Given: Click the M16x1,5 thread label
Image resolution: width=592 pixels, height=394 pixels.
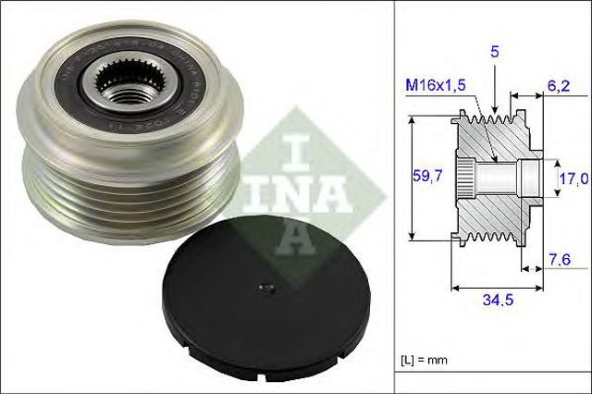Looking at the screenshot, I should pyautogui.click(x=434, y=85).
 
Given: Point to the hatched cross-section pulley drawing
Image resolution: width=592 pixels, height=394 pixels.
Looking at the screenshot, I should pyautogui.click(x=495, y=176).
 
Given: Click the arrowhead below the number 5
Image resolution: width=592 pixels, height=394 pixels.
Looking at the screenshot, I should pyautogui.click(x=495, y=107).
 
